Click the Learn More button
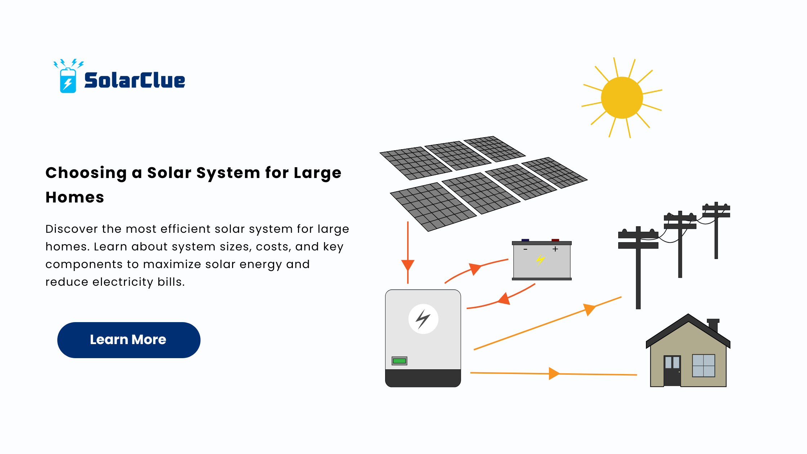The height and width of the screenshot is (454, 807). point(129,340)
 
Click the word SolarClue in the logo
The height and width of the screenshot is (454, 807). point(134,80)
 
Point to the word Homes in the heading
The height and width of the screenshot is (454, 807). point(75,197)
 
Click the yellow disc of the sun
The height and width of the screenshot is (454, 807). point(622,98)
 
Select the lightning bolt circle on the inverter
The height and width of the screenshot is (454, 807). point(423,319)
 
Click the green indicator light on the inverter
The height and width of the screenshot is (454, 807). point(399,361)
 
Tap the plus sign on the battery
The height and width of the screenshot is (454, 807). point(555,249)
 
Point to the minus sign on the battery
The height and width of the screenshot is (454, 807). point(526,249)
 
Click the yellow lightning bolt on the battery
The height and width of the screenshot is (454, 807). point(540,259)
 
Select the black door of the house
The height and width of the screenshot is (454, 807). point(672,370)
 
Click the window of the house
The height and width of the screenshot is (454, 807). point(704,365)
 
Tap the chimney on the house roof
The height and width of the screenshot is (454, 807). point(713,325)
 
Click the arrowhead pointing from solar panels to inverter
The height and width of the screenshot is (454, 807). point(408,265)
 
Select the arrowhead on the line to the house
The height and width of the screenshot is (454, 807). point(554,374)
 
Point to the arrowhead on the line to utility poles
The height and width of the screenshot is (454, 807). point(589,310)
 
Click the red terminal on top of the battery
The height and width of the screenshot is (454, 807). point(555,240)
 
